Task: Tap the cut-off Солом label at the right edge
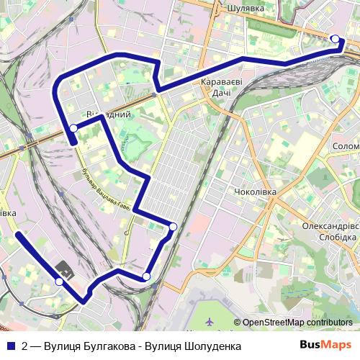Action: coord(346,145)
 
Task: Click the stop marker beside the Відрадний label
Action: coord(73,128)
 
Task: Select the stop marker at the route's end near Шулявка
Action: coord(334,39)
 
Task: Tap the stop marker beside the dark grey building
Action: coord(59,282)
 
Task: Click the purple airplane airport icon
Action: coord(209,320)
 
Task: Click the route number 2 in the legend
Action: coord(25,346)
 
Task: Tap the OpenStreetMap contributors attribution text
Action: coord(297,323)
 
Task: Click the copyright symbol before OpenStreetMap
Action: coord(237,323)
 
